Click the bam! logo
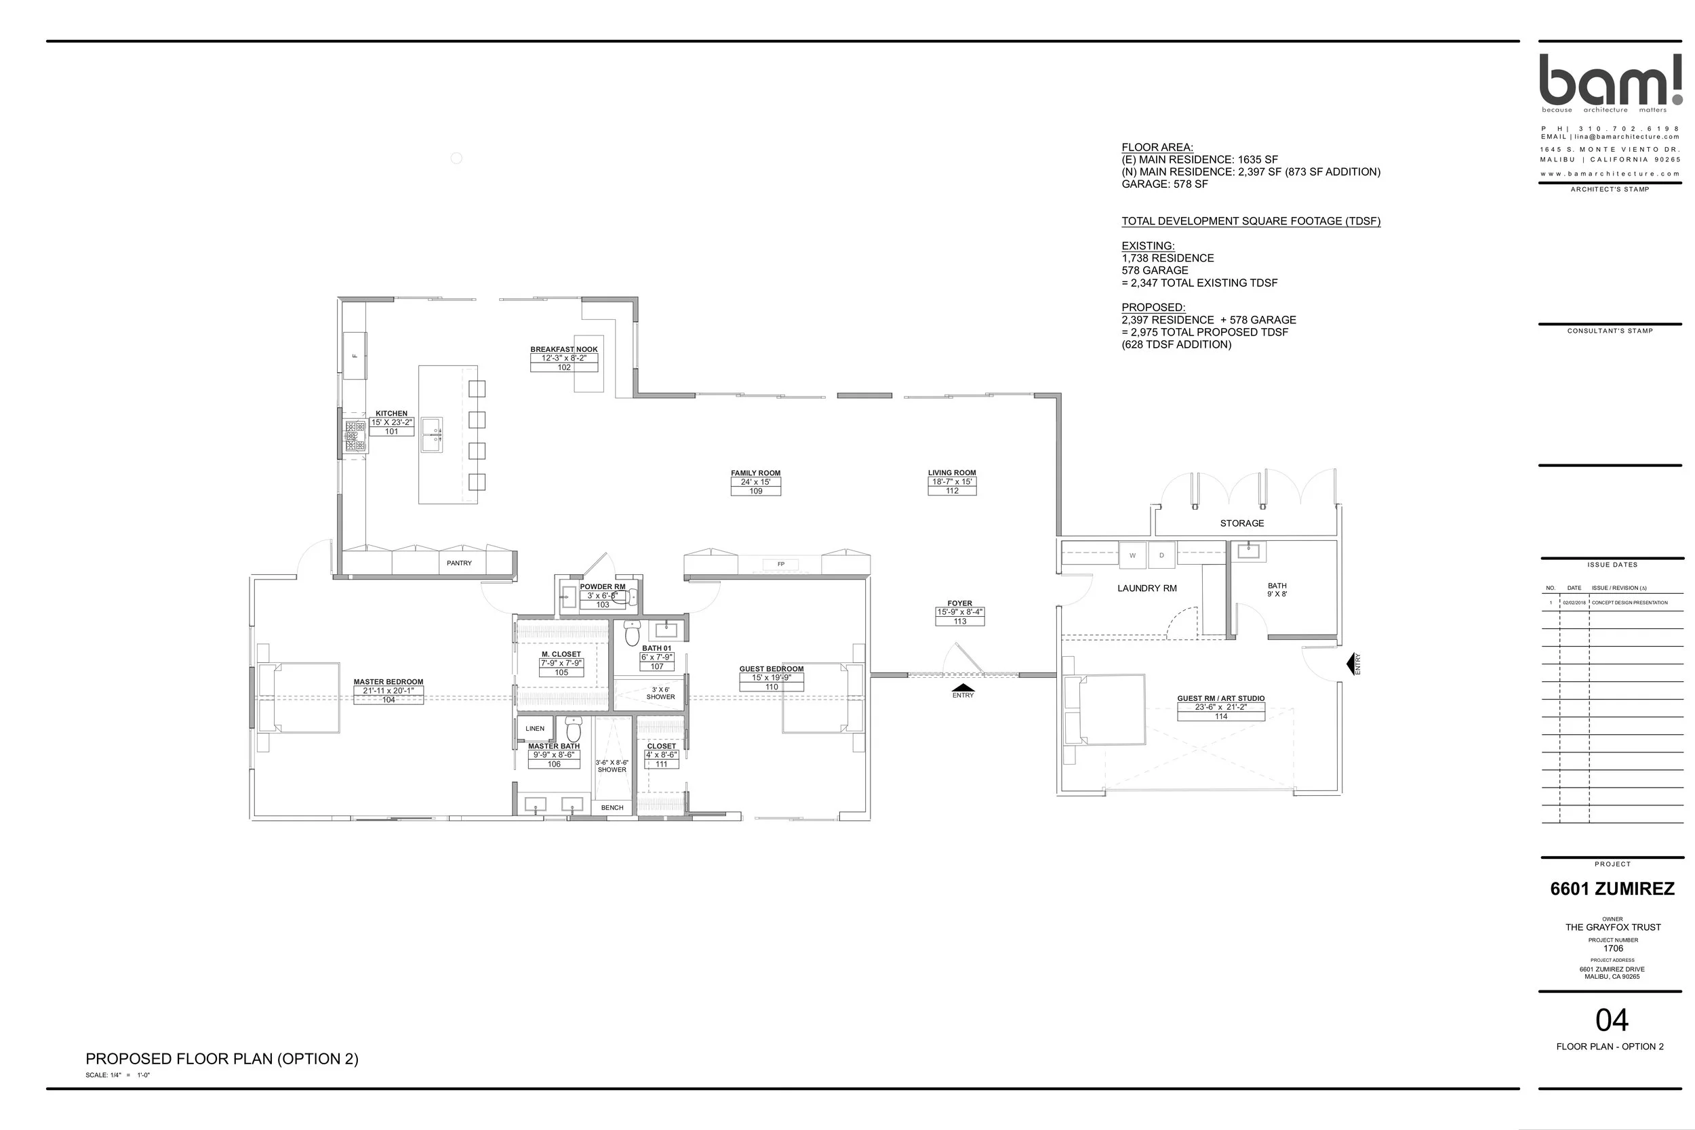(x=1610, y=80)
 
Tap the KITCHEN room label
(x=391, y=413)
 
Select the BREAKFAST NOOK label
(x=563, y=350)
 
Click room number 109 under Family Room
(x=755, y=491)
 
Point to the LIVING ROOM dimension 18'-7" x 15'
(x=952, y=482)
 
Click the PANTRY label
(x=459, y=563)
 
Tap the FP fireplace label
(x=780, y=564)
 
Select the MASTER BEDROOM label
(x=388, y=682)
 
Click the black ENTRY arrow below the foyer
(x=963, y=688)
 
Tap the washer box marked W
(x=1132, y=556)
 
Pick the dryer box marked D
(x=1161, y=556)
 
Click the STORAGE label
(x=1241, y=523)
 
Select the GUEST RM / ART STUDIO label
(x=1221, y=698)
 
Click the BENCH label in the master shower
(x=612, y=808)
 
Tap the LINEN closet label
(x=535, y=729)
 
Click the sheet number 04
(x=1612, y=1020)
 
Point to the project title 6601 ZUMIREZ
(x=1612, y=889)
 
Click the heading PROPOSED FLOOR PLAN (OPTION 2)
(x=222, y=1059)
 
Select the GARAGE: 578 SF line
(x=1165, y=184)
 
